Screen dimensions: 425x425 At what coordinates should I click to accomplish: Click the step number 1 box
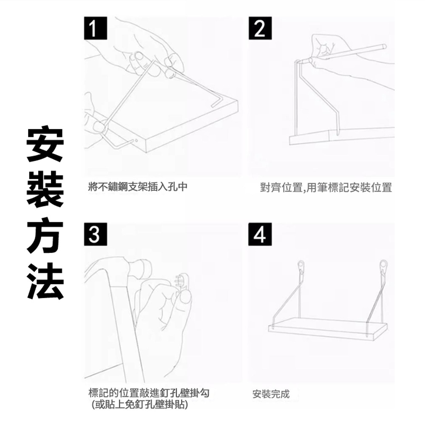click(x=95, y=28)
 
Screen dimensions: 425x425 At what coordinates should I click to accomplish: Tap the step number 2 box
click(x=260, y=28)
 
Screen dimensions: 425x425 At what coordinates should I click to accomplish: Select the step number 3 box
click(x=95, y=235)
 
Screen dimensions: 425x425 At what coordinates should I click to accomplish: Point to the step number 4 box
click(x=260, y=235)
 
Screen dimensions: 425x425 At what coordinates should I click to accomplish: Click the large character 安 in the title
click(x=45, y=143)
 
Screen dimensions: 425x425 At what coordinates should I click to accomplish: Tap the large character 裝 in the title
click(x=45, y=190)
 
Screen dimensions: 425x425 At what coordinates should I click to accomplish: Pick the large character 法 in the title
click(x=45, y=281)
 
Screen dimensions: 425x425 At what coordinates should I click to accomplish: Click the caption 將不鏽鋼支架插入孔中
click(x=138, y=187)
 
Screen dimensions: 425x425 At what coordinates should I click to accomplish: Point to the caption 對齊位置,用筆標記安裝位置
click(x=326, y=187)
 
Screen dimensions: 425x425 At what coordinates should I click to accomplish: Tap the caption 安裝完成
click(x=271, y=394)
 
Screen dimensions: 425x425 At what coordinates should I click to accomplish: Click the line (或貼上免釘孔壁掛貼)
click(x=139, y=405)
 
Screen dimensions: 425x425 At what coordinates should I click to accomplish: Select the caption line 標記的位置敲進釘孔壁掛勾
click(x=149, y=393)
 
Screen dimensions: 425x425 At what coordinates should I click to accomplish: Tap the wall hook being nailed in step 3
click(x=182, y=282)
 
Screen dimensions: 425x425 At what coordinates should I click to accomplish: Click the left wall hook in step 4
click(x=301, y=267)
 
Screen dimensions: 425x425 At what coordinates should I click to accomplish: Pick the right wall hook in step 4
click(x=383, y=267)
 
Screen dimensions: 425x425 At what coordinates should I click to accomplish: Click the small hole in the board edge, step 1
click(x=136, y=141)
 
